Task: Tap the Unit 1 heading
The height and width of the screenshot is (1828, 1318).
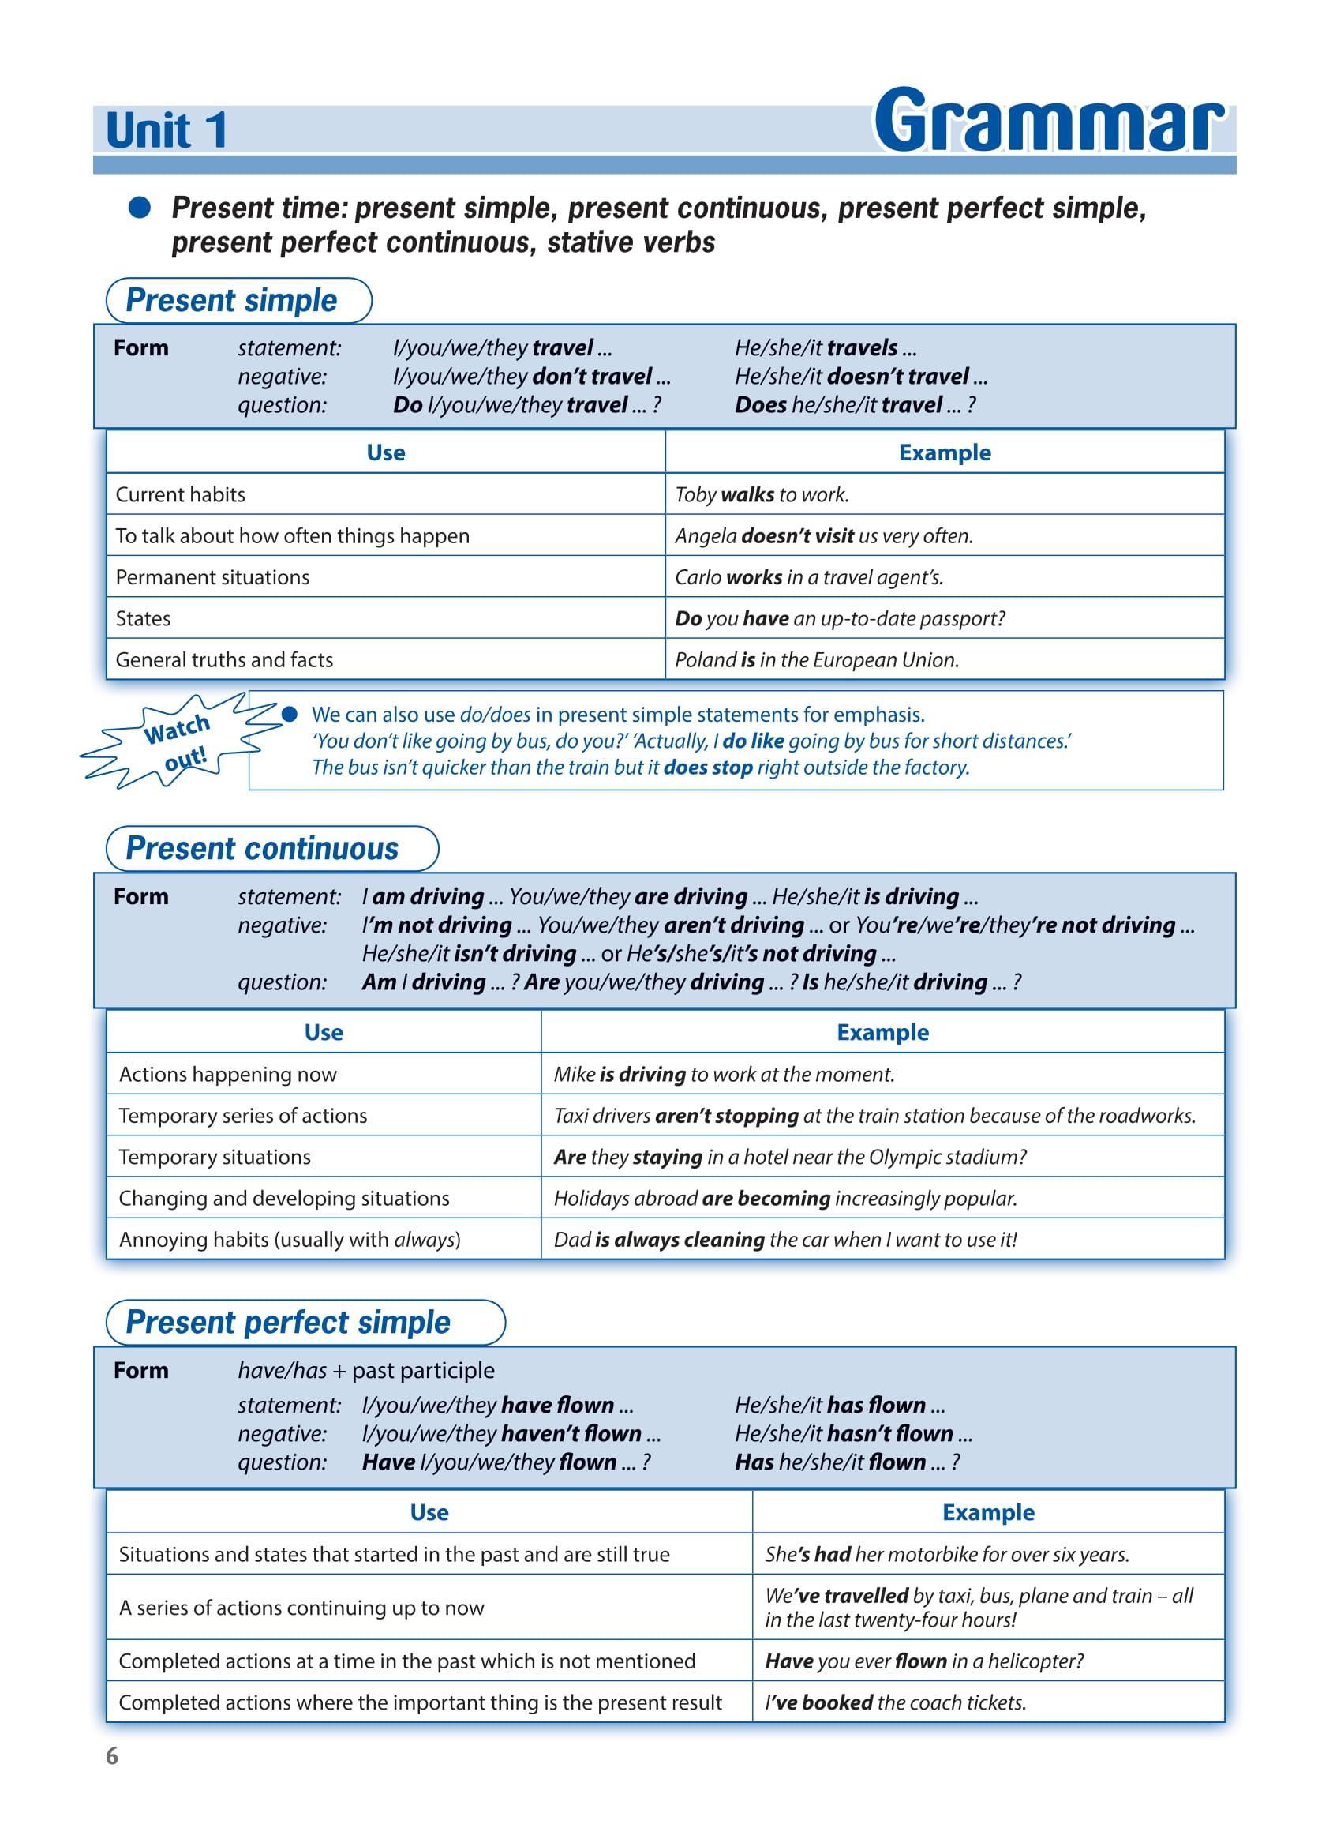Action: point(167,130)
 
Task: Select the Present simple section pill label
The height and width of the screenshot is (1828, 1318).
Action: point(232,300)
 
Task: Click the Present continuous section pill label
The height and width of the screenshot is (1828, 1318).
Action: point(263,849)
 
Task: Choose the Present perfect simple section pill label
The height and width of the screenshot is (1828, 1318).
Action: point(288,1323)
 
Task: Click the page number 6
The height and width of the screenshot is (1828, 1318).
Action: point(112,1756)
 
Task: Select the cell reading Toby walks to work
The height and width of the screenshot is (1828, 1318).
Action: point(762,494)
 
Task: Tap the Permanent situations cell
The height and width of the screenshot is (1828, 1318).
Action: point(212,577)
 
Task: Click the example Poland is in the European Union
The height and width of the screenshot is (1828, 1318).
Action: point(817,659)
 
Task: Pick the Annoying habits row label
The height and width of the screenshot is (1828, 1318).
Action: point(290,1240)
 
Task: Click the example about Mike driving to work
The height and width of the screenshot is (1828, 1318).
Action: point(724,1075)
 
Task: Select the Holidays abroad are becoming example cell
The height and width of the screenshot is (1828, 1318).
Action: point(785,1199)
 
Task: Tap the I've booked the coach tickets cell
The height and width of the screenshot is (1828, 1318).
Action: point(895,1702)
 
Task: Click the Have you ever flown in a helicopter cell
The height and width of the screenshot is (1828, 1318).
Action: point(924,1661)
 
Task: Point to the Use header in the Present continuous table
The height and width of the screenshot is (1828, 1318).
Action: point(324,1033)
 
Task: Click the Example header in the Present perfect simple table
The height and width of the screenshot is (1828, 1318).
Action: point(988,1513)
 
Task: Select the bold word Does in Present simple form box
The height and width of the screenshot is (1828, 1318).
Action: point(760,404)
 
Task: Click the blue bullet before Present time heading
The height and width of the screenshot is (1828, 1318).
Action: point(140,208)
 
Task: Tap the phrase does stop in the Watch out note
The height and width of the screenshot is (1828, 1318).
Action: point(707,768)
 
